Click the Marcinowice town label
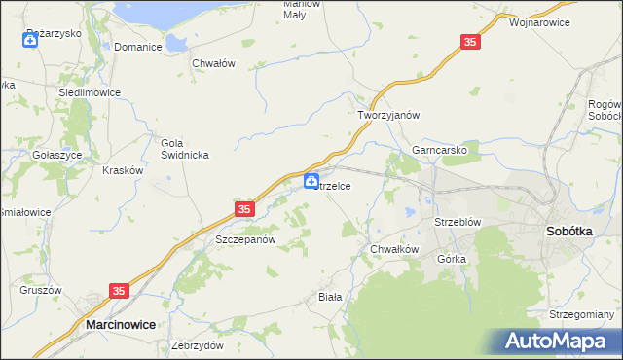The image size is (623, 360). (x=121, y=325)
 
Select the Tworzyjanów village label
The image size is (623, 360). (x=388, y=115)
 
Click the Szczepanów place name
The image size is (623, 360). (x=246, y=239)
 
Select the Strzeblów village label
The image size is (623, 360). (x=458, y=222)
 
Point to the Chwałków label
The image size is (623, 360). (x=394, y=249)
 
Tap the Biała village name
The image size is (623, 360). (x=331, y=297)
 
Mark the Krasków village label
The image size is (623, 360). (x=123, y=169)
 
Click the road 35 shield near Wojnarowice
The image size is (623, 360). (x=470, y=42)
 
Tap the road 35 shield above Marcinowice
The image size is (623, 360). (x=120, y=291)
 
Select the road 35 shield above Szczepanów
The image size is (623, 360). (x=244, y=208)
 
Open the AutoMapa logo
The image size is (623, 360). (x=559, y=341)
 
